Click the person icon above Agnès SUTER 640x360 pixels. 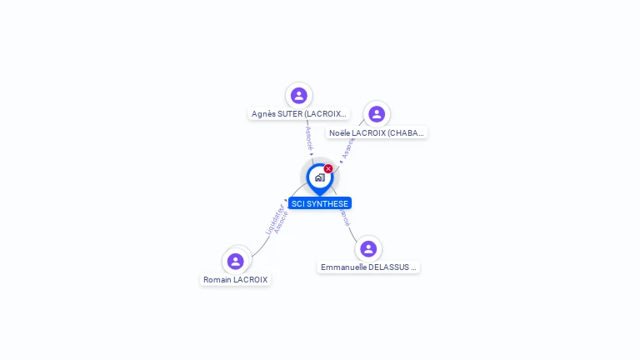298,96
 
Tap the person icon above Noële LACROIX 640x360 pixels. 376,114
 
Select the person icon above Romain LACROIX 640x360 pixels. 236,261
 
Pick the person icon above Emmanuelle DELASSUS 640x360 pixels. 367,248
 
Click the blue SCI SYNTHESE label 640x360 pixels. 320,203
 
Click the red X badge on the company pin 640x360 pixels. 328,169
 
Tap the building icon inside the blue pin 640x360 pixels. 319,177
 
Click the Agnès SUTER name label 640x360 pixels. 298,113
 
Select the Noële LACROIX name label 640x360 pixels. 377,132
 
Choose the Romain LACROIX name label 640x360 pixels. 236,280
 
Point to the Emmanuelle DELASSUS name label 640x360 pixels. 368,267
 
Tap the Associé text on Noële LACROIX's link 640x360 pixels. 348,147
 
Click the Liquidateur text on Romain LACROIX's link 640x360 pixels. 272,218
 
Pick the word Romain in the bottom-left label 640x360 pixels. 217,280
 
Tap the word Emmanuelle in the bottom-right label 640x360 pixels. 343,267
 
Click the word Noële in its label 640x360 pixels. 339,132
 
